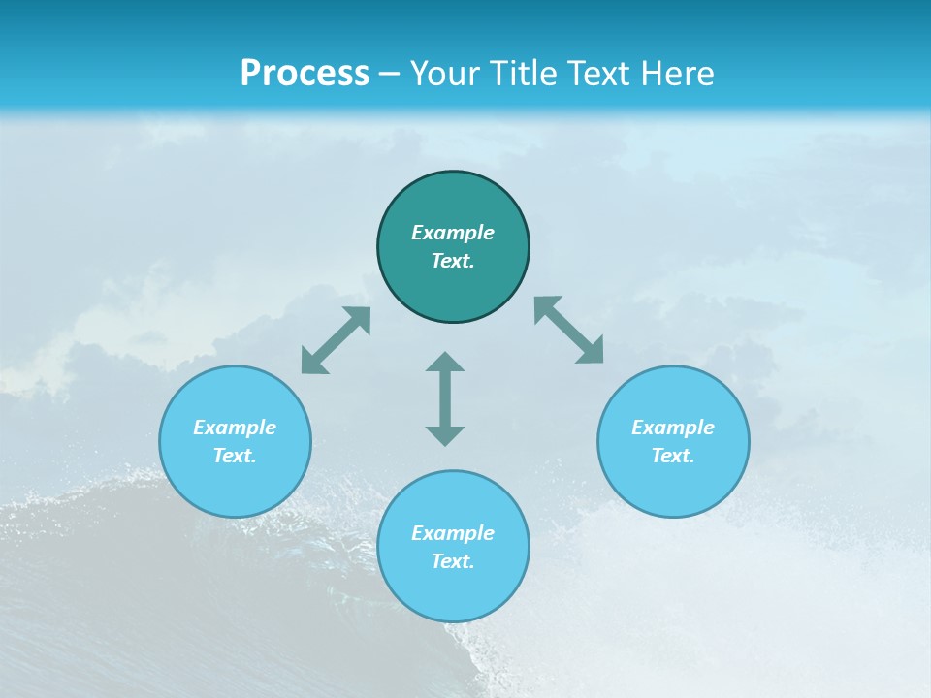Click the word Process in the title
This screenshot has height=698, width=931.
click(x=305, y=74)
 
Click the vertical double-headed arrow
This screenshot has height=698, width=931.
click(x=445, y=398)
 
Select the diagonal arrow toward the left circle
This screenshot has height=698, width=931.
click(x=336, y=340)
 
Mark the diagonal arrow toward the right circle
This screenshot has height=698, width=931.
click(x=569, y=331)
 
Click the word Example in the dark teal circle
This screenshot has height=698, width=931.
click(x=453, y=233)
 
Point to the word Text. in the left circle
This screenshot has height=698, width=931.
click(x=235, y=456)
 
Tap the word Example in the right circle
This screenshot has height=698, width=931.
click(x=673, y=428)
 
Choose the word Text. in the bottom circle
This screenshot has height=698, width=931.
click(x=453, y=561)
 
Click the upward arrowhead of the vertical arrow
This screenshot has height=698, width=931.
click(x=445, y=363)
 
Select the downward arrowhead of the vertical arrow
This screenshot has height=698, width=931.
click(x=445, y=434)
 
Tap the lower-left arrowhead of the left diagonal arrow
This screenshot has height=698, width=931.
click(x=311, y=364)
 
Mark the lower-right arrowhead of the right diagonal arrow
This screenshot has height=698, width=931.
click(x=593, y=353)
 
